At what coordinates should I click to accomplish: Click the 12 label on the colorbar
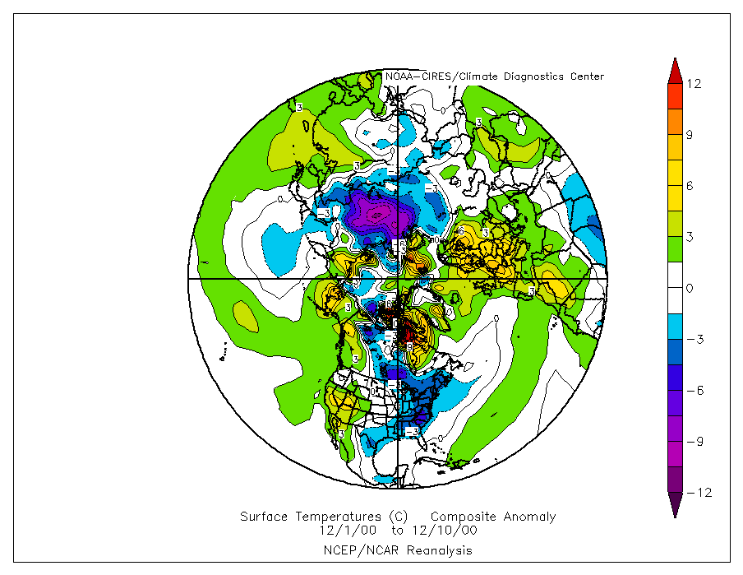click(x=695, y=84)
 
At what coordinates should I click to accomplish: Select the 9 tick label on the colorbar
click(x=690, y=136)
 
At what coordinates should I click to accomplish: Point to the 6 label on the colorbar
click(x=690, y=187)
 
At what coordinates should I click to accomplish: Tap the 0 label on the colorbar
click(x=690, y=288)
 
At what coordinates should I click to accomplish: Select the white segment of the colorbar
click(x=674, y=288)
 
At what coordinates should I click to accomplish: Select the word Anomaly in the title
click(x=528, y=517)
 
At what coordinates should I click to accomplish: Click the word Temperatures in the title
click(x=339, y=517)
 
